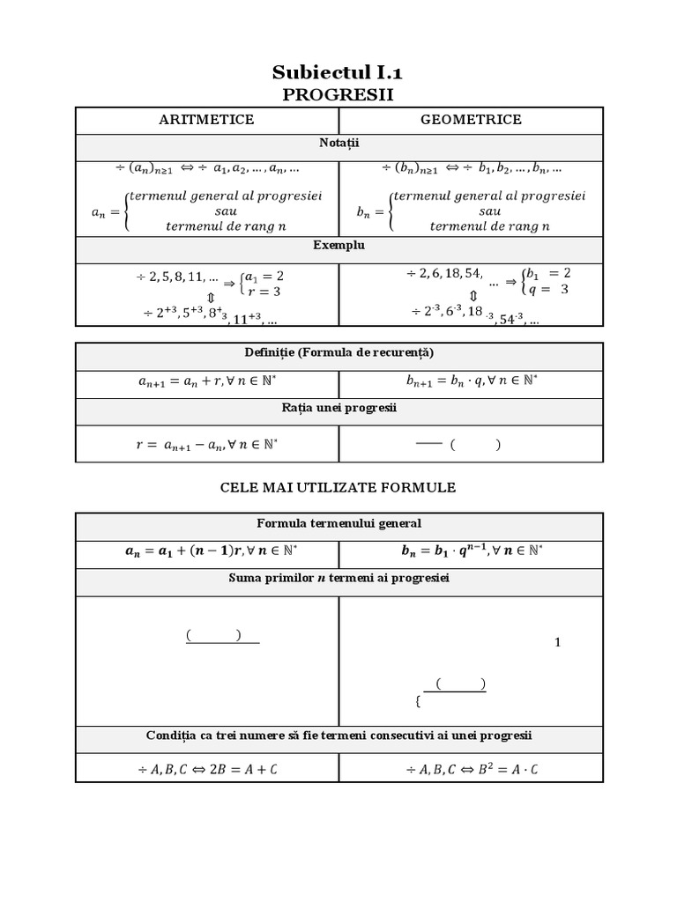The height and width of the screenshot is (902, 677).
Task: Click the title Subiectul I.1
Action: point(338,71)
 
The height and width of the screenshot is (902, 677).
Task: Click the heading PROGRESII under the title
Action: point(338,94)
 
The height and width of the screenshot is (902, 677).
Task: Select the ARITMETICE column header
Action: point(206,120)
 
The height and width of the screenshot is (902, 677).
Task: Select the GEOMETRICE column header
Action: point(472,120)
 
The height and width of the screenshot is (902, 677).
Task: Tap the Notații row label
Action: point(338,142)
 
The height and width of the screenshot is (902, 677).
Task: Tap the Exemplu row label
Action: point(338,245)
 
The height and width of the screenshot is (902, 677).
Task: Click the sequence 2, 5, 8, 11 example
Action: point(177,277)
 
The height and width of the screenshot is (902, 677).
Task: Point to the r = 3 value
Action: point(264,291)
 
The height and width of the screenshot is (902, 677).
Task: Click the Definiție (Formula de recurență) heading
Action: point(338,353)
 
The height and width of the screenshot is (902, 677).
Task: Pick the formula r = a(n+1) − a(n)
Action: point(207,446)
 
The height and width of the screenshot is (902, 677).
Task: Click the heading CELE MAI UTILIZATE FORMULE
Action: point(338,487)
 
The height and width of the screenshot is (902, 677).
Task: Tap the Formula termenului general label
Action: point(338,523)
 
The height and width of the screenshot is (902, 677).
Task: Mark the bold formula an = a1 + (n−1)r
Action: point(207,552)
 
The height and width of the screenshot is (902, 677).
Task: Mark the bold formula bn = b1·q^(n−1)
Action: point(472,552)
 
